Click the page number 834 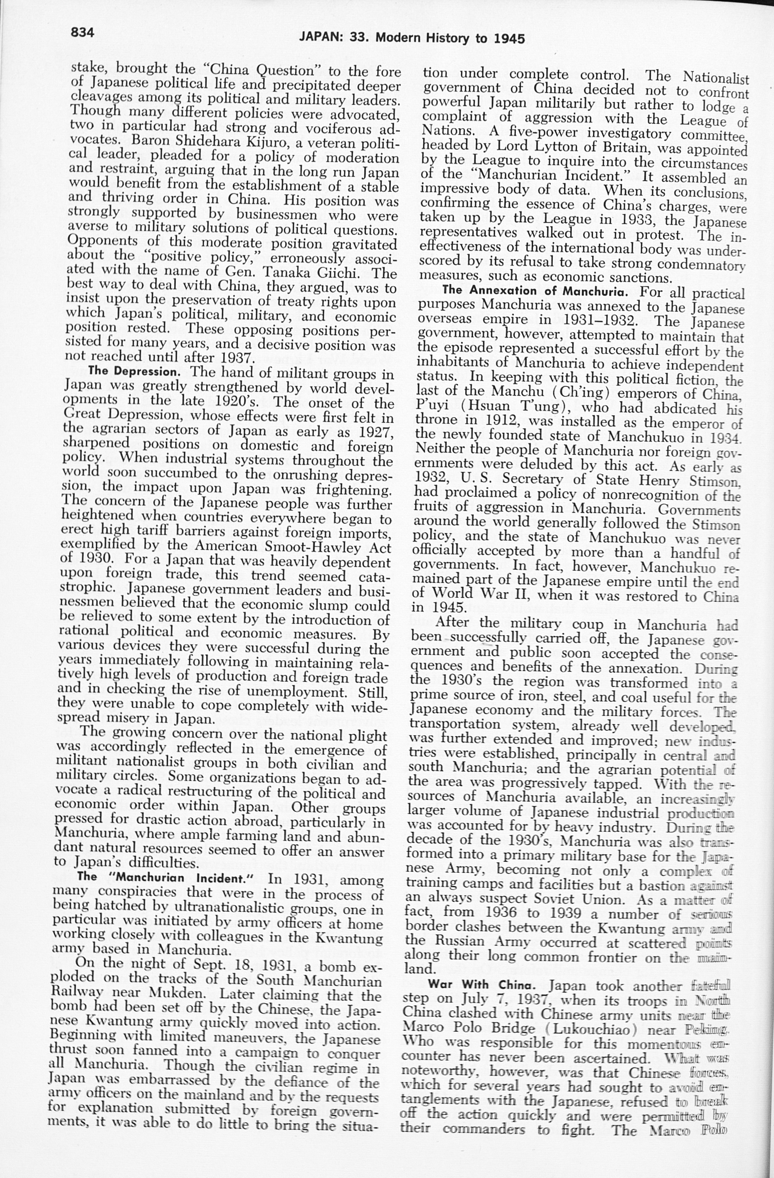tap(82, 33)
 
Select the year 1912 tap(499, 421)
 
